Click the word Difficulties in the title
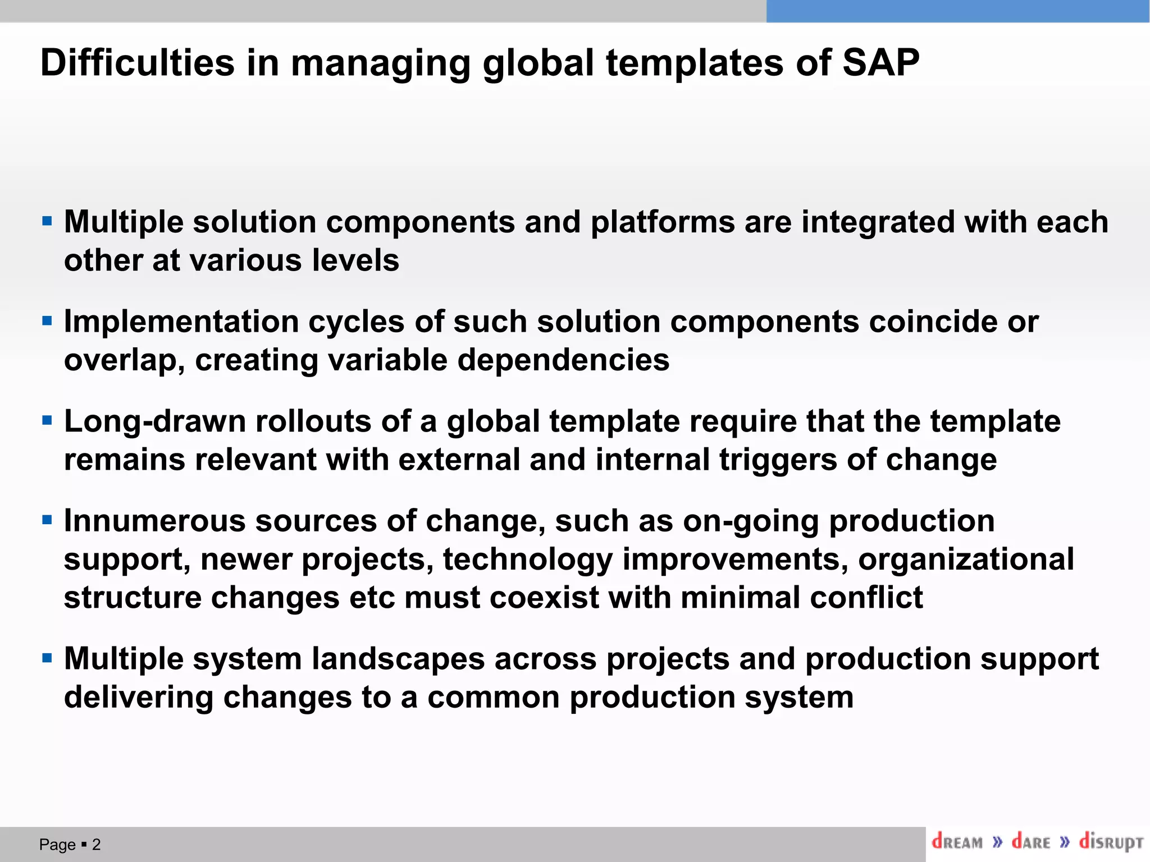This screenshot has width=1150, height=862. click(138, 62)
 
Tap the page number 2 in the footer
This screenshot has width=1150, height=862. click(97, 844)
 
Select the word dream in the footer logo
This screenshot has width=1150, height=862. click(957, 842)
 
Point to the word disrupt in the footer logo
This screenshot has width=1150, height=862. click(1111, 842)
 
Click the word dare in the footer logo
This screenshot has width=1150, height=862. click(1031, 842)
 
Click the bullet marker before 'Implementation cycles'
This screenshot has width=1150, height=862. click(47, 322)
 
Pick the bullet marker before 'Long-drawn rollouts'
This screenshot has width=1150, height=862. click(47, 420)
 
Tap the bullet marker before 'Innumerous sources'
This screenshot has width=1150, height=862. click(47, 520)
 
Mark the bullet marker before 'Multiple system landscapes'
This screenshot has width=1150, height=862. click(47, 658)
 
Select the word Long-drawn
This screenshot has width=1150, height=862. click(155, 421)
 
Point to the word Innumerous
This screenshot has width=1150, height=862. click(154, 521)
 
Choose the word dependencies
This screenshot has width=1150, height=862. click(563, 360)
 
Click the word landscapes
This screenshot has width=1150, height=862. click(398, 658)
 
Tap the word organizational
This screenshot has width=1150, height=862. click(966, 559)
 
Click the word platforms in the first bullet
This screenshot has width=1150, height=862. click(663, 222)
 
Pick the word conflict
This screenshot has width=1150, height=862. click(866, 597)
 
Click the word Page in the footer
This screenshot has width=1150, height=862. click(57, 844)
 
